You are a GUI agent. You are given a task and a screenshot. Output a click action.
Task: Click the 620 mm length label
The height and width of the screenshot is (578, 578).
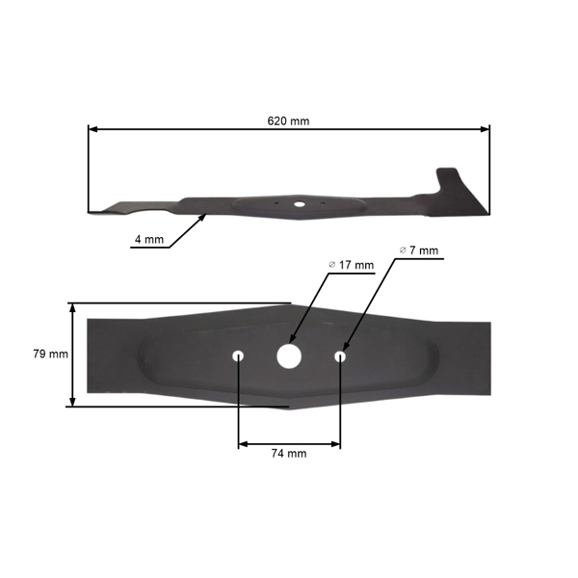[289, 121]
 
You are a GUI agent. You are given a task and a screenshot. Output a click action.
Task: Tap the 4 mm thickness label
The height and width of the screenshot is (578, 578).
[147, 239]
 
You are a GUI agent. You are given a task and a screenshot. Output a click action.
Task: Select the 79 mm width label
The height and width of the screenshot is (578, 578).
[51, 354]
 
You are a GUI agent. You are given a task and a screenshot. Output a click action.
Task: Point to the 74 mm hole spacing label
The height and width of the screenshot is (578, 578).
[289, 453]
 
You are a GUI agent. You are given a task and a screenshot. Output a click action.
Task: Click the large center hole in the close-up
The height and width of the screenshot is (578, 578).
[289, 355]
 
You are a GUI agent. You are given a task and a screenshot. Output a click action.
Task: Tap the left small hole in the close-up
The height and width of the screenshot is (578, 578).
[238, 356]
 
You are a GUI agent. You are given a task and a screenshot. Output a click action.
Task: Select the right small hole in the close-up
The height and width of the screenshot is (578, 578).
[340, 356]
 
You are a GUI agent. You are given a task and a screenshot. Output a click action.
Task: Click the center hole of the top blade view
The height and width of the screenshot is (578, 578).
[300, 204]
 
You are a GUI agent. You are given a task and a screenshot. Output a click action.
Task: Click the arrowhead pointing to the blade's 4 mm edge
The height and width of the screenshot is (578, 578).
[205, 217]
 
